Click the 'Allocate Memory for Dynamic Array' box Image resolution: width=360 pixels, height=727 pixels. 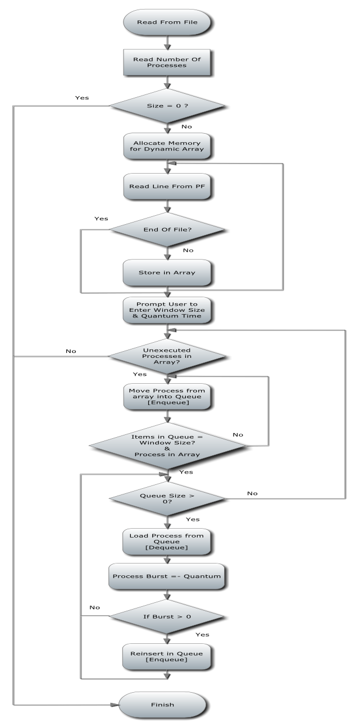tap(166, 147)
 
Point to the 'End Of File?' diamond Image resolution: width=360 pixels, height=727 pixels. tap(166, 229)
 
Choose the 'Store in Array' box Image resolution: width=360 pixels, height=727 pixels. tap(166, 274)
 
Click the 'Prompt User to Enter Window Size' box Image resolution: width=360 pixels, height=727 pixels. tap(166, 311)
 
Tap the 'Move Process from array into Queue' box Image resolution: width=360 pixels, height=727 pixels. tap(166, 396)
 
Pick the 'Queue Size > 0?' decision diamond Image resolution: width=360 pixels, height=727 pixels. tap(166, 496)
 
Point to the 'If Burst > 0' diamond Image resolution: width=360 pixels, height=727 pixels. tap(166, 616)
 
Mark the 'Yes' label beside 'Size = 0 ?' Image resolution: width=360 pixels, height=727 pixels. tap(82, 98)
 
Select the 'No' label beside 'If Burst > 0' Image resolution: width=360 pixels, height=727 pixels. tap(94, 607)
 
